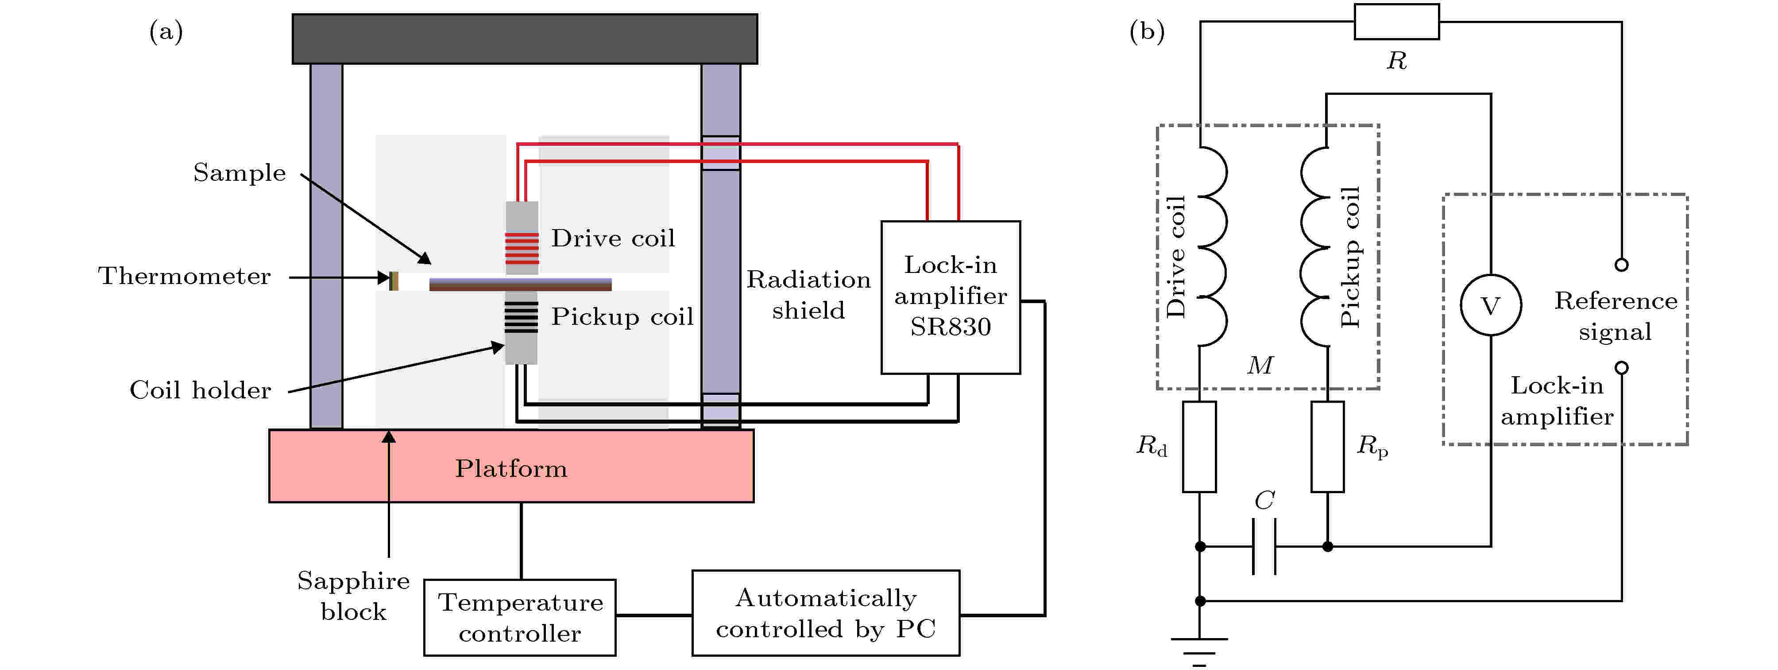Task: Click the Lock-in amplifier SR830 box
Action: pyautogui.click(x=951, y=297)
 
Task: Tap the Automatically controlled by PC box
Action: pyautogui.click(x=826, y=613)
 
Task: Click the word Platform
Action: pyautogui.click(x=511, y=468)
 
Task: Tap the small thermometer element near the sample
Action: pyautogui.click(x=394, y=281)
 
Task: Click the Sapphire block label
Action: pyautogui.click(x=353, y=596)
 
